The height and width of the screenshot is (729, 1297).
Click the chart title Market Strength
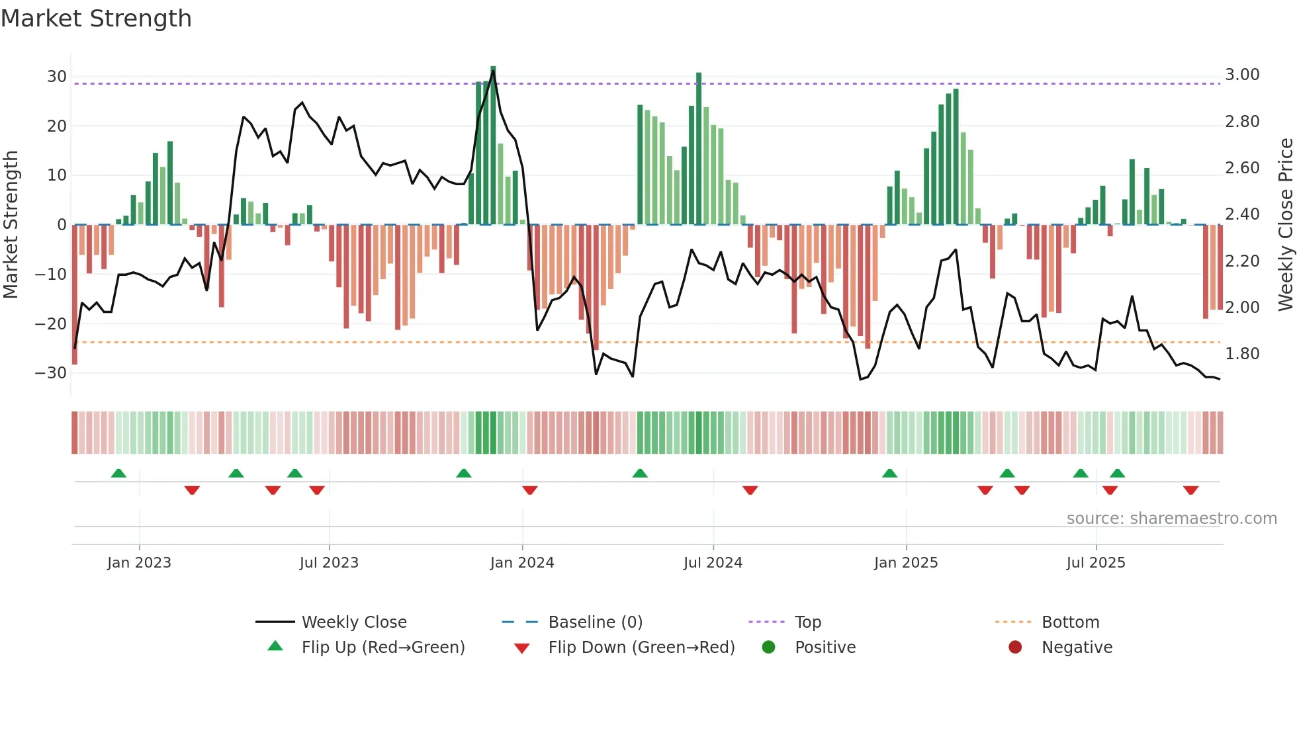point(97,19)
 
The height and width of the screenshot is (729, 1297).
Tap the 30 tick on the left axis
point(57,76)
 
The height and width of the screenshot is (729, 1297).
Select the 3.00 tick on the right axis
point(1242,75)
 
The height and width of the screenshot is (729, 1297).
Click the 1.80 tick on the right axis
point(1242,354)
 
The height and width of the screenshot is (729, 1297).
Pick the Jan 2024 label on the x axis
point(522,562)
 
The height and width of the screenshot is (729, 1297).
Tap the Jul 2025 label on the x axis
point(1096,562)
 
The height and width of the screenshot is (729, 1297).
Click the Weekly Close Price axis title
point(1285,225)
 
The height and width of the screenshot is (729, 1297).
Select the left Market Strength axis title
point(11,225)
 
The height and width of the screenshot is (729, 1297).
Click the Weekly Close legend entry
point(354,622)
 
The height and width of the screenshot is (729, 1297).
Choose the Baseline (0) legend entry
point(596,622)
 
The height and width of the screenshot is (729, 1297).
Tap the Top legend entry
point(808,622)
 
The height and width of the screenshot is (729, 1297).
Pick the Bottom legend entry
point(1070,622)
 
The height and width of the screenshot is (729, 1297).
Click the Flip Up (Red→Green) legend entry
point(383,647)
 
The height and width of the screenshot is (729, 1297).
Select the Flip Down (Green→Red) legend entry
point(641,647)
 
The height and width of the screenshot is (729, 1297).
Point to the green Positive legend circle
point(768,647)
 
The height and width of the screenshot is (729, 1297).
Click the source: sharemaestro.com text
point(1171,518)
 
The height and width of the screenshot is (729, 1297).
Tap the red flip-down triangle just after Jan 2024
point(529,490)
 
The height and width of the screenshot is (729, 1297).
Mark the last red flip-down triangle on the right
point(1191,490)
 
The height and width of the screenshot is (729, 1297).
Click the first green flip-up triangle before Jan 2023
point(118,473)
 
